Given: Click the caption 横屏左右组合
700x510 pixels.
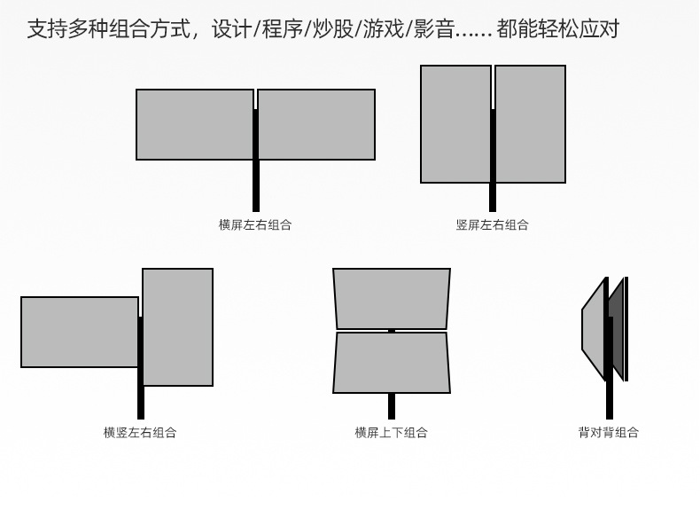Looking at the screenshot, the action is click(255, 225).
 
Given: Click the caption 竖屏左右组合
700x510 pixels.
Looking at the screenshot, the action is click(492, 225).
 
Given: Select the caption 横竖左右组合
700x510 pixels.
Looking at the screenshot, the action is click(140, 433).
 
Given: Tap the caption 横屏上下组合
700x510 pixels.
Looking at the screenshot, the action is click(391, 433).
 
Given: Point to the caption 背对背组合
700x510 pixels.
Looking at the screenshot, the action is click(609, 433).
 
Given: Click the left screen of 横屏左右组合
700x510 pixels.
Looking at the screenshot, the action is click(195, 124).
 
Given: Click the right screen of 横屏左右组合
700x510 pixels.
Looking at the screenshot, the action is click(316, 124).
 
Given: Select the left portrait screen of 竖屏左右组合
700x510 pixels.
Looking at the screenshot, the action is click(455, 124).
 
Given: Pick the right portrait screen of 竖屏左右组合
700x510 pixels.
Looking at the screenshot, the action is click(531, 124).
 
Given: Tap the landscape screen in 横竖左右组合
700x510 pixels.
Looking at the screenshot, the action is click(79, 332).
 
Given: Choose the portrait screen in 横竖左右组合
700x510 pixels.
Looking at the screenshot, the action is click(178, 326).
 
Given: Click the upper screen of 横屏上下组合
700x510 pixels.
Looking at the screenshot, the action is click(392, 298).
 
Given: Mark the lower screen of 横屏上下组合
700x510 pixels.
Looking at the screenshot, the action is click(392, 363).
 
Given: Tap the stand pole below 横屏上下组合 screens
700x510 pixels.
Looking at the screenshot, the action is click(392, 406).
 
